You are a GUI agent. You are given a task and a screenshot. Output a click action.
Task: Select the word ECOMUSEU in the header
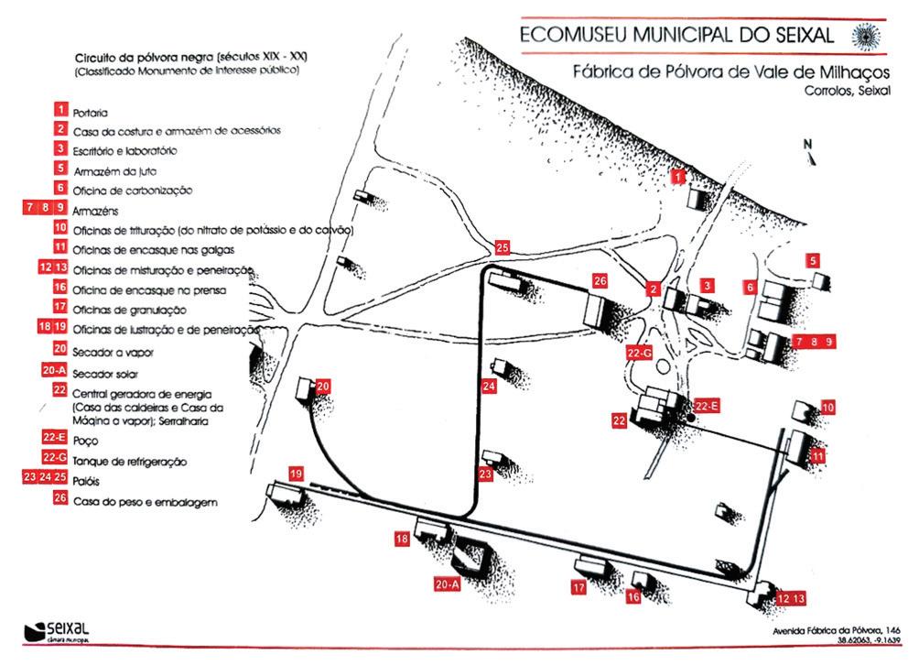point(573,36)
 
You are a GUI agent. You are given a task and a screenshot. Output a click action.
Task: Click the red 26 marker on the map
point(600,279)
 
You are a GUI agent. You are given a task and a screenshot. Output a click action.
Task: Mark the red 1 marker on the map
point(678,174)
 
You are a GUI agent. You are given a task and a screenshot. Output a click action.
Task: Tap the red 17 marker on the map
point(578,587)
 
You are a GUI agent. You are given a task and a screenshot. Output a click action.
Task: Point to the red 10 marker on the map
point(828,408)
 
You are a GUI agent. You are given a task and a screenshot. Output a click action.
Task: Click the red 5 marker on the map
point(815,260)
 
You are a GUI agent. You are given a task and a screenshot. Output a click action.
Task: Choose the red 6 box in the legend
point(60,188)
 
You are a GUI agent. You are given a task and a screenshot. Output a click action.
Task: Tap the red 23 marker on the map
point(486,474)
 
